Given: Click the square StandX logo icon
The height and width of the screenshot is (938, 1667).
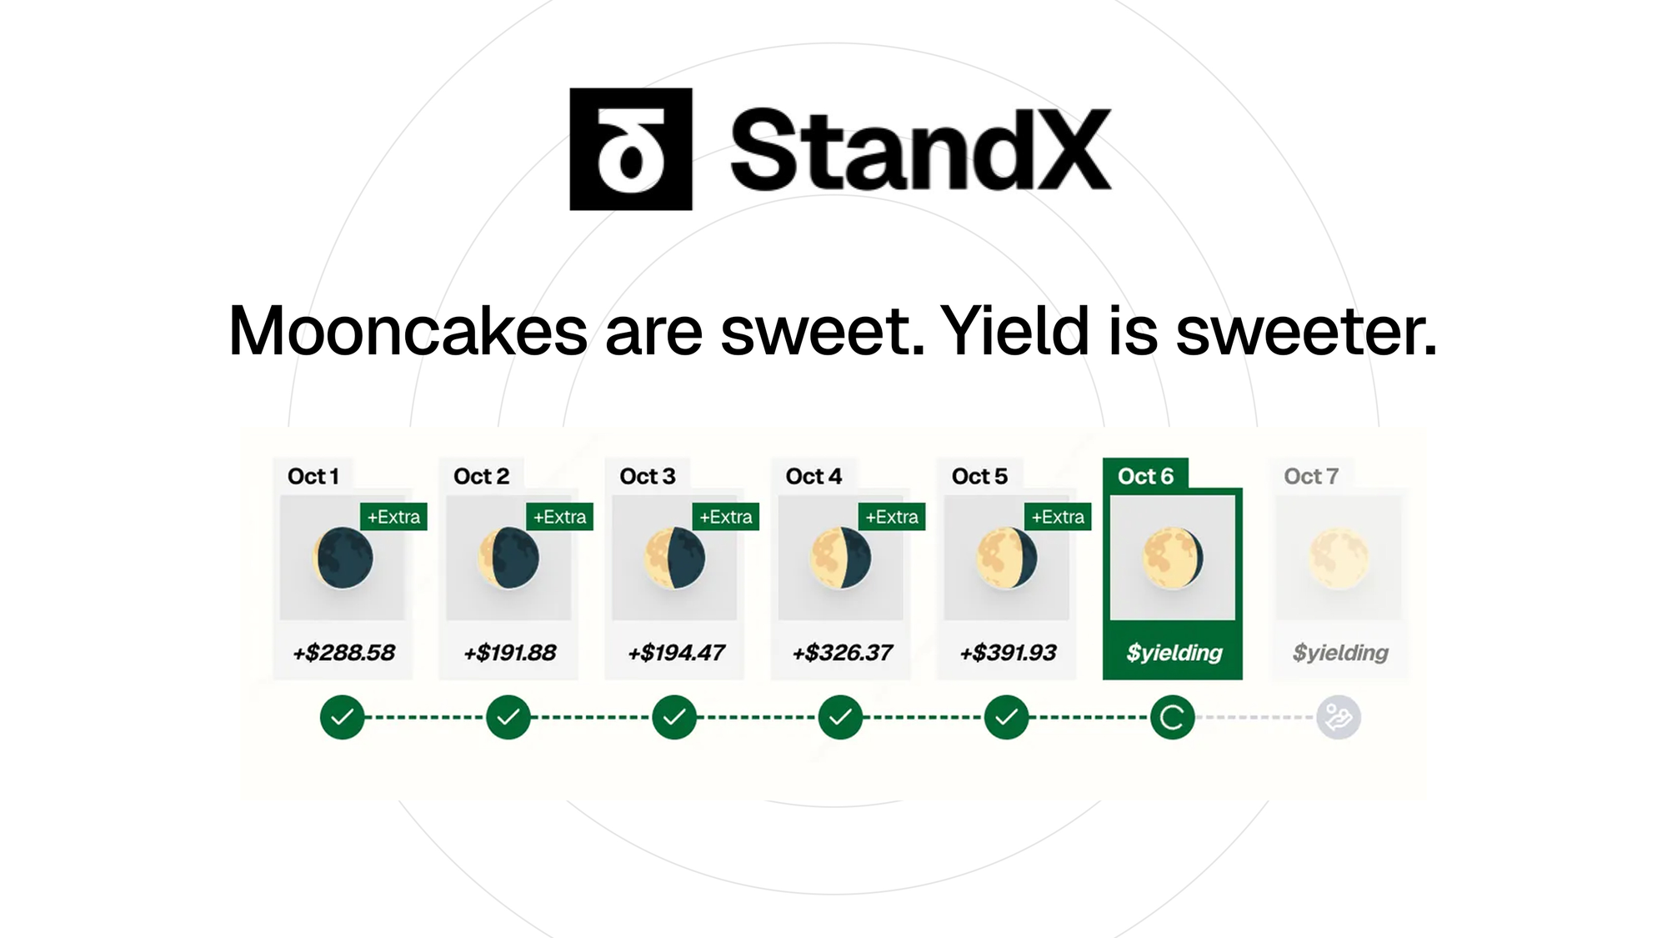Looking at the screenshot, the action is pyautogui.click(x=631, y=149).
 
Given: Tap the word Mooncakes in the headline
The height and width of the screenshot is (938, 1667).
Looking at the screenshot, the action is pyautogui.click(x=408, y=331).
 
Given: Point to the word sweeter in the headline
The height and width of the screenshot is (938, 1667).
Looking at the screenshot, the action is pyautogui.click(x=1306, y=331).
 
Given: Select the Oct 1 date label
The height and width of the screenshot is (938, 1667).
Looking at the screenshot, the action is pyautogui.click(x=313, y=476).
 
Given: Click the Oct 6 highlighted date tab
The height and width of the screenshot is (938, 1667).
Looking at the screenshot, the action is pyautogui.click(x=1145, y=476).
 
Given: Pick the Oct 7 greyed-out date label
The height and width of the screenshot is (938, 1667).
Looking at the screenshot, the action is pyautogui.click(x=1311, y=476).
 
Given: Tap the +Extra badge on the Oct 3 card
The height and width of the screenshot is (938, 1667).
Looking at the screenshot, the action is pyautogui.click(x=725, y=517).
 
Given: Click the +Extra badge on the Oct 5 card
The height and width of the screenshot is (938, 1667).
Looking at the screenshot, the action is pyautogui.click(x=1058, y=517).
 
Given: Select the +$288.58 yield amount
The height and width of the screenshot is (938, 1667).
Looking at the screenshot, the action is pyautogui.click(x=343, y=652).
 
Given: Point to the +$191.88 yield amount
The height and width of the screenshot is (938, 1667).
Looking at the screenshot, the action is pyautogui.click(x=509, y=652).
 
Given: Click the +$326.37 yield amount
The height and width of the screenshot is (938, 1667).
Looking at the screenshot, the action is pyautogui.click(x=842, y=652).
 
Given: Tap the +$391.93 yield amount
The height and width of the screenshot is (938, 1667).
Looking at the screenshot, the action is pyautogui.click(x=1008, y=652).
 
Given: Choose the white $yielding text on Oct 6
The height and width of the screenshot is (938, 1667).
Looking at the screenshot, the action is pyautogui.click(x=1174, y=653).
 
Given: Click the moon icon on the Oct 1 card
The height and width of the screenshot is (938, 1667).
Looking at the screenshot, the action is pyautogui.click(x=343, y=558).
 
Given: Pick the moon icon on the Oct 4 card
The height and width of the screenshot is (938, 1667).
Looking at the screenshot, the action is pyautogui.click(x=840, y=558).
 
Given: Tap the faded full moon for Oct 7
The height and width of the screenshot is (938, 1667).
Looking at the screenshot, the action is pyautogui.click(x=1339, y=558).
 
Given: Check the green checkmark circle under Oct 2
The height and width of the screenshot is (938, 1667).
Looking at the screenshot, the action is pyautogui.click(x=508, y=717).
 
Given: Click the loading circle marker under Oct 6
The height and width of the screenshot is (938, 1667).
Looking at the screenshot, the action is pyautogui.click(x=1172, y=717).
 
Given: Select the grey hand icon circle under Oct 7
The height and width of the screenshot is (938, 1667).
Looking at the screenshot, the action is pyautogui.click(x=1339, y=717).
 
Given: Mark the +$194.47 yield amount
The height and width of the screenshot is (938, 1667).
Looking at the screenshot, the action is pyautogui.click(x=676, y=652).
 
